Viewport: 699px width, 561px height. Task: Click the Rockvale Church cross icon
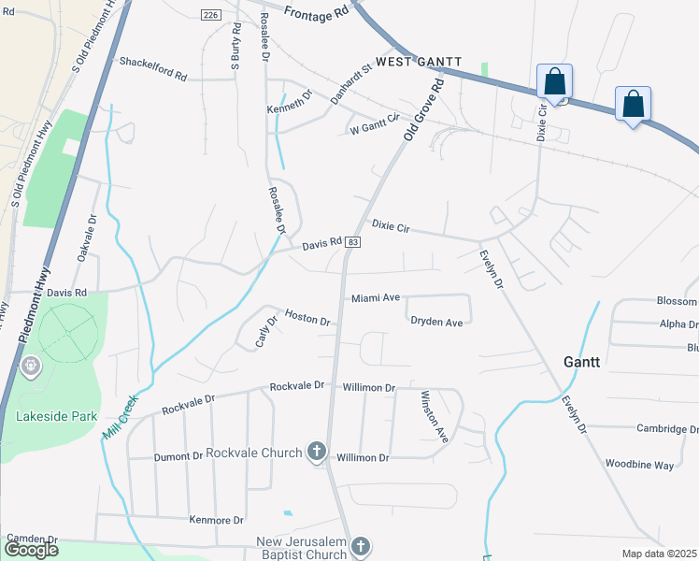click(x=317, y=453)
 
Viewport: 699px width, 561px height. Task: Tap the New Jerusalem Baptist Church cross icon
click(x=361, y=545)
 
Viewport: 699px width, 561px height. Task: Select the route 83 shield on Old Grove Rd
click(x=351, y=242)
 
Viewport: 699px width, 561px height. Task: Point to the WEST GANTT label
click(x=420, y=61)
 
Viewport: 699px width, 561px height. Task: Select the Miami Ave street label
click(x=376, y=298)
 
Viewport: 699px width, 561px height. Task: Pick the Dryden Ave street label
click(x=436, y=323)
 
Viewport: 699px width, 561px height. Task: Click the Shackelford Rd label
click(x=153, y=62)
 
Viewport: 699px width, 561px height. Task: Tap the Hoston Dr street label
click(x=307, y=318)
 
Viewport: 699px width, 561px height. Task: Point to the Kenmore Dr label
click(x=216, y=520)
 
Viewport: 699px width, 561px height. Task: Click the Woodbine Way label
click(x=639, y=465)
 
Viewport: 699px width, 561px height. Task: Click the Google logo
click(x=31, y=550)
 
